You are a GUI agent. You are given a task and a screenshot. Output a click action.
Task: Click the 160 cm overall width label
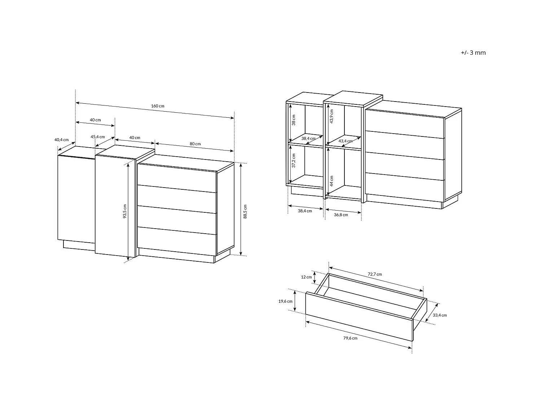click(x=158, y=106)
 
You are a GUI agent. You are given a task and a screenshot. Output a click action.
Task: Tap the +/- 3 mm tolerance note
click(x=473, y=53)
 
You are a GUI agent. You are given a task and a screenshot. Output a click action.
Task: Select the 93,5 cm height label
click(x=125, y=211)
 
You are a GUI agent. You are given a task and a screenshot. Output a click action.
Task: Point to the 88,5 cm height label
click(x=245, y=211)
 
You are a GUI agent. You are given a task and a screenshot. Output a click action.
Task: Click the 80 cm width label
click(x=195, y=144)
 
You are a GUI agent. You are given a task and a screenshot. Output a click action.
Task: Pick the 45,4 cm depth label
click(x=98, y=137)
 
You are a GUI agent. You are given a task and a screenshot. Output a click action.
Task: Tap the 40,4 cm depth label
click(x=62, y=140)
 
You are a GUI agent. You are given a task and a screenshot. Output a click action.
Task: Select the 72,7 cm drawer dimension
click(x=375, y=274)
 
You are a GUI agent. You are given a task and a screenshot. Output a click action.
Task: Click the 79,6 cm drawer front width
click(x=350, y=338)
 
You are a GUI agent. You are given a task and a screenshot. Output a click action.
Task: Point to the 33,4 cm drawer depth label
click(x=440, y=315)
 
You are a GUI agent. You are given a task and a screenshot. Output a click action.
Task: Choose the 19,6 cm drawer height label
click(x=285, y=301)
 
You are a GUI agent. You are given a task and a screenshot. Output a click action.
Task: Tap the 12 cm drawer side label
click(x=306, y=277)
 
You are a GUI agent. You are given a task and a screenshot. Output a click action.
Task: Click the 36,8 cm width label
click(x=341, y=215)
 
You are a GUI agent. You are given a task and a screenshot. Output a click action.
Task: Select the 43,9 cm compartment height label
click(x=331, y=116)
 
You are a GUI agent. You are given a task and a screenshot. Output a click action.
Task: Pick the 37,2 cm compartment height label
click(x=294, y=161)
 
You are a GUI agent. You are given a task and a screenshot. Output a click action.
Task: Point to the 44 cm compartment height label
click(x=331, y=181)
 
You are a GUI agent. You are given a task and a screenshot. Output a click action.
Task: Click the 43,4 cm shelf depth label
click(x=345, y=141)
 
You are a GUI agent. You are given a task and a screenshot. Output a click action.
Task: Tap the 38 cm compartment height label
click(x=294, y=120)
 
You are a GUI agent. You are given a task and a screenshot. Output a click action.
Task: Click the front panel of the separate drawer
click(x=359, y=316)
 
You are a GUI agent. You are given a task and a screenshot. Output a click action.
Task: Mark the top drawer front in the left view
click(x=177, y=178)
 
